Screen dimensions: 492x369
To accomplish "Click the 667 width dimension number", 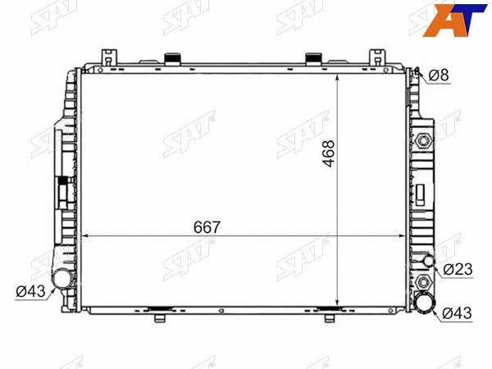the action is pos(207,227).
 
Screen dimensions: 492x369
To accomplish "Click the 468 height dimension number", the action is pos(329,154).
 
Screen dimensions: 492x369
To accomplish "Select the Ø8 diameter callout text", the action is pos(439,75).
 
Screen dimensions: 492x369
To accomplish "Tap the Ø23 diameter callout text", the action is pos(458,269).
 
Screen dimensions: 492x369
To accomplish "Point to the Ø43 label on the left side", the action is pos(31,291).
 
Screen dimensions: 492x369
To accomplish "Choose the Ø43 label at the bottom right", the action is pos(457,313).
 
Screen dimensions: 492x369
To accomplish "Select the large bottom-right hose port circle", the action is pos(425,302).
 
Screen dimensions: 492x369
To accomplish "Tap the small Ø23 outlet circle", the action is pos(429,261).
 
